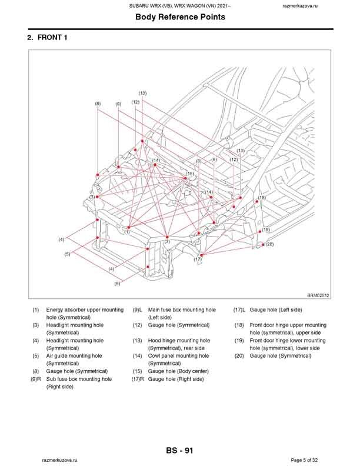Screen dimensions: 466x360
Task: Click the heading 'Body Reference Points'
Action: [180, 17]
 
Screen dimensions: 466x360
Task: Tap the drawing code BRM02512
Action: [318, 296]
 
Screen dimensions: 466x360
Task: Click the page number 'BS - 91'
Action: [179, 451]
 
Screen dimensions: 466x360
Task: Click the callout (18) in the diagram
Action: [262, 197]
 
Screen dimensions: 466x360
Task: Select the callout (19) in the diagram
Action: [266, 229]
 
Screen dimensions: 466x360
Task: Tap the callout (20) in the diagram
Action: [270, 244]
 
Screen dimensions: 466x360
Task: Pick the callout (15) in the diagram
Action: [190, 174]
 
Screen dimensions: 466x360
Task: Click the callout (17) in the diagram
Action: [198, 259]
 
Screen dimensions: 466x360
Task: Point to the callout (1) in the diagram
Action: [126, 232]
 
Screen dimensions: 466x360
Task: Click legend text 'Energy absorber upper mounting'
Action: [85, 309]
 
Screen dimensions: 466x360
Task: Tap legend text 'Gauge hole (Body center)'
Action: [178, 371]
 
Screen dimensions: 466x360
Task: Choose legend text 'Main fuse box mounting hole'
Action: [182, 309]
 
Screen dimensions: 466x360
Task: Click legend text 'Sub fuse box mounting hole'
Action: [79, 379]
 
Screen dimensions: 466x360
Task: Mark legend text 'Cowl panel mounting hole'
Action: [178, 356]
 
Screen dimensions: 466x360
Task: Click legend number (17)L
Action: [239, 309]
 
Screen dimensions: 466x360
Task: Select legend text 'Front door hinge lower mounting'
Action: [288, 341]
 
